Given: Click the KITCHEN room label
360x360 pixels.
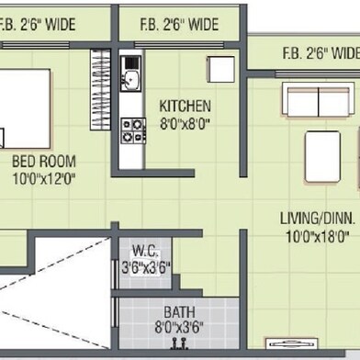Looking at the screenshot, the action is [185, 106].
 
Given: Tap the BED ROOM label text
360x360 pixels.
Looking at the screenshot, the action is [44, 162].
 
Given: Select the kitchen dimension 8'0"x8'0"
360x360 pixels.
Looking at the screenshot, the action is [185, 124].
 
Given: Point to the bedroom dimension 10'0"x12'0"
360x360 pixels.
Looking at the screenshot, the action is [44, 179].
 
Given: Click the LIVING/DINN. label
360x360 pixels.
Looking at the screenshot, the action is [318, 219].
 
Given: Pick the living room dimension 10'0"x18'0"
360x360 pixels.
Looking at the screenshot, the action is [318, 236].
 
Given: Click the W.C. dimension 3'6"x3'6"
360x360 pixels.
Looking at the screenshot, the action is [145, 267].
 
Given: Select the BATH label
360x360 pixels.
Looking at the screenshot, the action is [179, 312].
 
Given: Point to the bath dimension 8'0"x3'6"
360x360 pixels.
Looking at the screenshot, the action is [179, 327].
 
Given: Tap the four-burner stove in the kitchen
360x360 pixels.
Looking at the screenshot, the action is [133, 130].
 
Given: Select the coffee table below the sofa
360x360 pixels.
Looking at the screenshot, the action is [322, 157].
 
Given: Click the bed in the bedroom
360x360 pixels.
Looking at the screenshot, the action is [25, 109].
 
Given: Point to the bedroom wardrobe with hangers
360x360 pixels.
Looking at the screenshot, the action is [100, 90].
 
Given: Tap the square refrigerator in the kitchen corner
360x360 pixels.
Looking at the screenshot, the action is [221, 69].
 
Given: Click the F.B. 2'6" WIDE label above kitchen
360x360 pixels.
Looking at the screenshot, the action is [179, 25].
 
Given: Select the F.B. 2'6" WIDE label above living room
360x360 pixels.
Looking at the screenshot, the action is [321, 53].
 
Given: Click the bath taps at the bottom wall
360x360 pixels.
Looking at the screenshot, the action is [179, 343].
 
